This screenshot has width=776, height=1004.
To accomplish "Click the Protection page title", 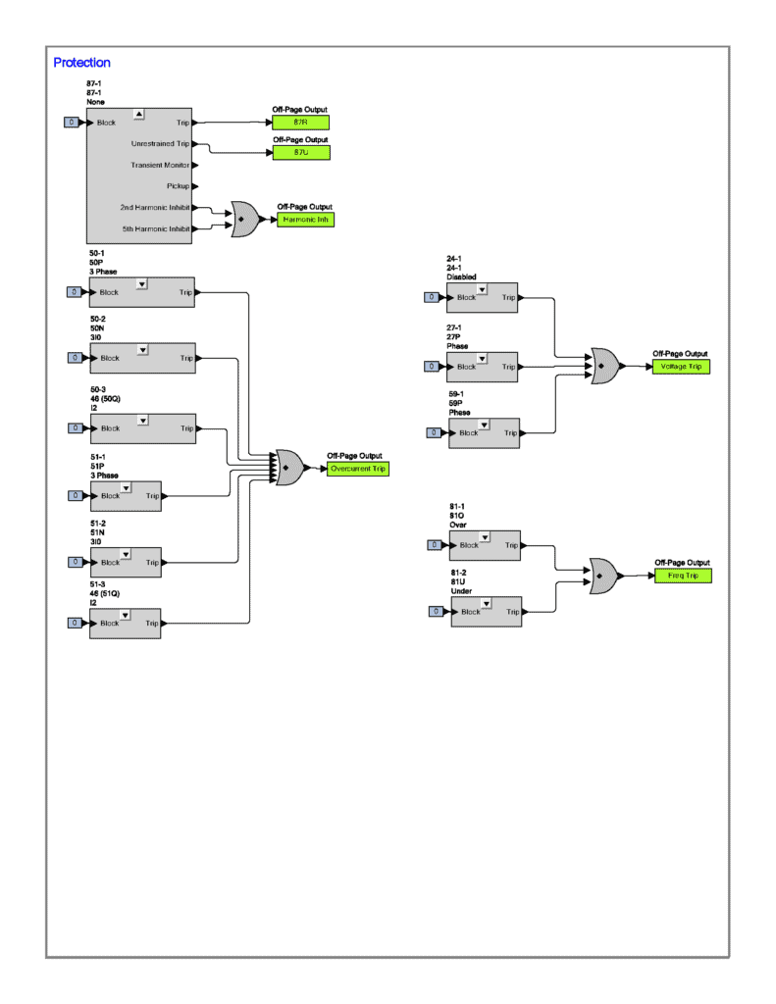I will click(x=81, y=63).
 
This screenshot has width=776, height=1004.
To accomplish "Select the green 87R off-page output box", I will click(x=300, y=123).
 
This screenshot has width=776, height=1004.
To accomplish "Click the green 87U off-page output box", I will click(x=300, y=152).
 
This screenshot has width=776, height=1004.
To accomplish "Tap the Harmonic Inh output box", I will click(x=306, y=220).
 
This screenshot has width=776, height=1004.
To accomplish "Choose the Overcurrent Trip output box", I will click(x=358, y=469).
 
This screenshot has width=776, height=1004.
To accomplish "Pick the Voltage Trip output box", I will click(x=681, y=366).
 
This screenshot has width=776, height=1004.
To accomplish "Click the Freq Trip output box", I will click(x=683, y=575).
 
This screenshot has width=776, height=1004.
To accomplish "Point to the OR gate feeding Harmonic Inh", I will click(x=243, y=219).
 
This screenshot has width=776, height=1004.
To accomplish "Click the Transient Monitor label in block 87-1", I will click(x=160, y=165).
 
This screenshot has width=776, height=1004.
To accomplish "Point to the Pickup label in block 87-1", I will click(x=178, y=185).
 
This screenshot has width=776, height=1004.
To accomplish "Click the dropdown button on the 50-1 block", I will click(x=142, y=283).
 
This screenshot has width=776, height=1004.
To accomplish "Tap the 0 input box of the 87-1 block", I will click(x=72, y=123).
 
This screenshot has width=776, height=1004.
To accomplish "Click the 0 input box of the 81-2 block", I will click(x=437, y=611).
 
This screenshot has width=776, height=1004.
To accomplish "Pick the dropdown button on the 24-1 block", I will click(x=484, y=288).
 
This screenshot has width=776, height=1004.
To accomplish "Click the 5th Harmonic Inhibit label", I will click(x=155, y=228).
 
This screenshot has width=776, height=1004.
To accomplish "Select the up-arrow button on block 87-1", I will click(x=138, y=114).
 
